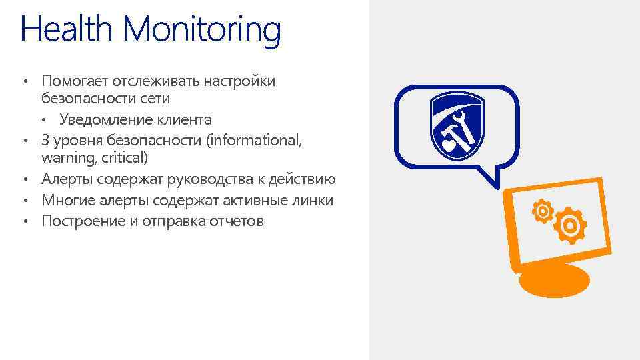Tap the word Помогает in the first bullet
pos(74,81)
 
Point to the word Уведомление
pos(101,120)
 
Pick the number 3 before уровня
pos(45,140)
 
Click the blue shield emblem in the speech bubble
pos(457,124)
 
